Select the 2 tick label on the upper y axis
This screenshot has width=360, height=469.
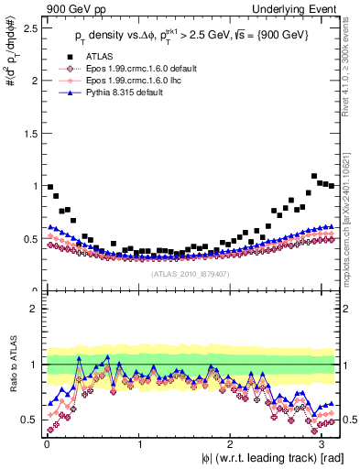pyautogui.click(x=33, y=81)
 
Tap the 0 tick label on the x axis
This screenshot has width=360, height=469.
pyautogui.click(x=45, y=443)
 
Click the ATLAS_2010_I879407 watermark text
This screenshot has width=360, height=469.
pyautogui.click(x=191, y=272)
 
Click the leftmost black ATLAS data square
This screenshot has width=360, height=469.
pyautogui.click(x=49, y=187)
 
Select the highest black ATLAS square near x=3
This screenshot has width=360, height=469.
pyautogui.click(x=314, y=176)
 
